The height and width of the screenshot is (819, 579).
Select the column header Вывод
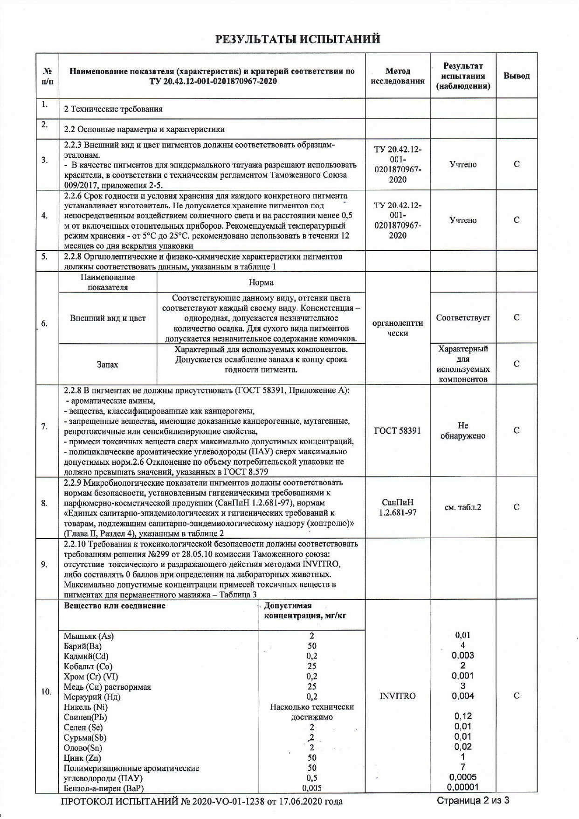point(516,76)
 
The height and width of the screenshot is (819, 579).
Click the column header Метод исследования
point(397,76)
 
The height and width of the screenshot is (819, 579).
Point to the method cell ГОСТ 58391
point(397,431)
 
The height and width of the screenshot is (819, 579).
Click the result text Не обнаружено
point(462,431)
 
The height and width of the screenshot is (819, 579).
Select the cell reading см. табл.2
point(462,507)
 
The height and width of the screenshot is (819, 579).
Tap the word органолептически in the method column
point(397,328)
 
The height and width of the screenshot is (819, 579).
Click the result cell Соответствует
point(462,318)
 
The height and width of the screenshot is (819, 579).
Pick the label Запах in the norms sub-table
point(107,364)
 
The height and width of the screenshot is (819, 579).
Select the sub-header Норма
point(261,282)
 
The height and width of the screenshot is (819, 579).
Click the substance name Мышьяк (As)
point(89,636)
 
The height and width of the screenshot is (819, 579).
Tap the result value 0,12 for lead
point(462,716)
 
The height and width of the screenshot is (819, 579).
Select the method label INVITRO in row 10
point(397,696)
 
